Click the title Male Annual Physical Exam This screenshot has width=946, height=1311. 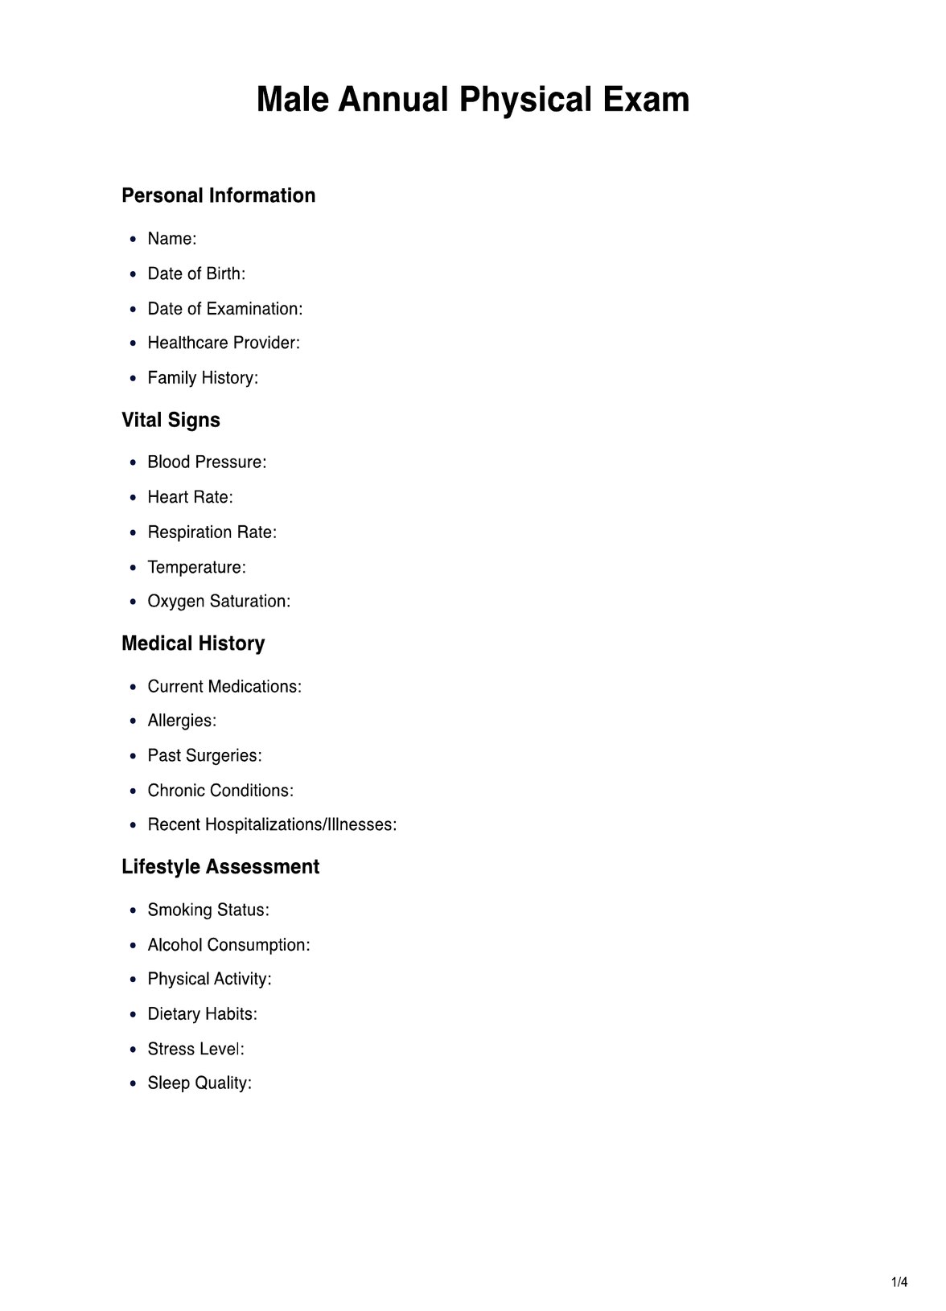tap(473, 100)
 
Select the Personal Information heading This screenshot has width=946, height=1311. tap(218, 195)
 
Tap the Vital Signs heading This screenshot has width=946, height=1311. tap(171, 420)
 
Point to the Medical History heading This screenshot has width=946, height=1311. tap(193, 643)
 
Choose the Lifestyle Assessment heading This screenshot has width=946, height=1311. tap(220, 867)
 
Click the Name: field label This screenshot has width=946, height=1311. tap(172, 239)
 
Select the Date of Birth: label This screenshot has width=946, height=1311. tap(196, 273)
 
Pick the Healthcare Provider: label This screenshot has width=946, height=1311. tap(224, 343)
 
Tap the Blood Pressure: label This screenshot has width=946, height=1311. tap(207, 462)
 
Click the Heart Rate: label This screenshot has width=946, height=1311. tap(190, 497)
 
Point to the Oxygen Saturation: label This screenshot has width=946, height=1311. tap(219, 602)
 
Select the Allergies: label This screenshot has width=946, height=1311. tap(182, 721)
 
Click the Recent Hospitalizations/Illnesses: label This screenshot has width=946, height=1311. tap(272, 825)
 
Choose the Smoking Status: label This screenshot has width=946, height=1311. tap(208, 910)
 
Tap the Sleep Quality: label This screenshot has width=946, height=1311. tap(199, 1083)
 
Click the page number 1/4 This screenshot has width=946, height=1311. tap(899, 1282)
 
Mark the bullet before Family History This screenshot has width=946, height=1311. tap(133, 379)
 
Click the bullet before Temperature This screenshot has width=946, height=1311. tap(133, 568)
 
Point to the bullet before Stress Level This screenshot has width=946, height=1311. tap(133, 1050)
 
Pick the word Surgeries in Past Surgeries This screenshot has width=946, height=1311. tap(224, 756)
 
